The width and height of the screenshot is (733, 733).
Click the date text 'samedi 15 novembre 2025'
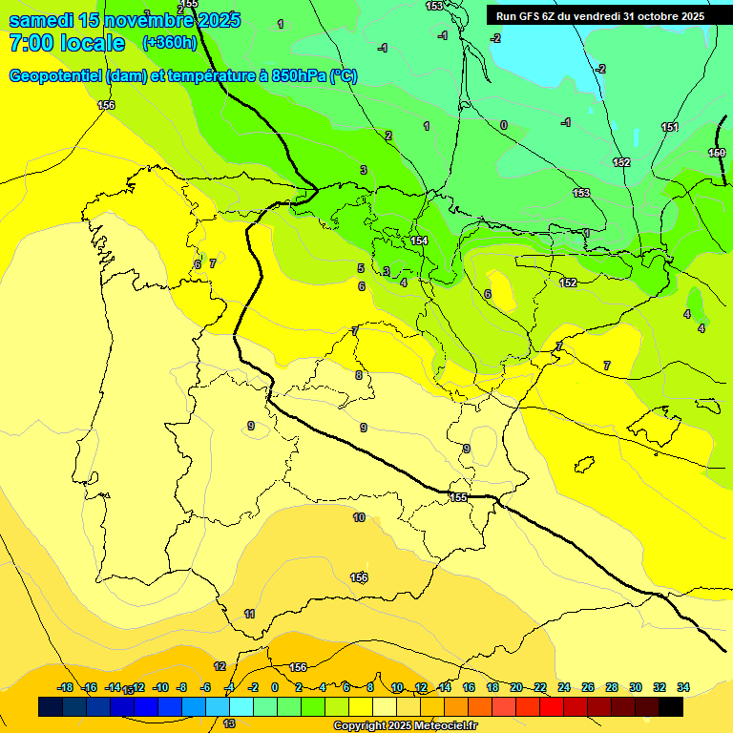pos(124,20)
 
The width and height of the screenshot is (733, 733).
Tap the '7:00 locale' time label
pos(67,43)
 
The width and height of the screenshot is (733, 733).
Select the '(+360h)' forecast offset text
pos(169,43)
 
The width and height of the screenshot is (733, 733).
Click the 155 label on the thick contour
pos(459,497)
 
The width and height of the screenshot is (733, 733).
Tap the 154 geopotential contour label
pos(419,241)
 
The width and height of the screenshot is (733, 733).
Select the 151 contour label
pos(670,127)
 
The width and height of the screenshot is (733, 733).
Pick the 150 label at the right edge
pos(717,153)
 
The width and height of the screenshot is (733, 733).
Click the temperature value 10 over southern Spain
pos(359,517)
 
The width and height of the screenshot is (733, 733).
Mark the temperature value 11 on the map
pos(249,614)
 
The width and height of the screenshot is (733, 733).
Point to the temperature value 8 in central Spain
pos(359,375)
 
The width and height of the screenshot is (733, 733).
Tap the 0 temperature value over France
pos(504,125)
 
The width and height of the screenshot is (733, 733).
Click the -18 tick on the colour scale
pos(66,687)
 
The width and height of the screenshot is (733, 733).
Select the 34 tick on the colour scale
pos(683,687)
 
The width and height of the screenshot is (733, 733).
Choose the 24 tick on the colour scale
pos(564,687)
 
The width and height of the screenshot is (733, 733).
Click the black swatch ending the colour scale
pos(671,706)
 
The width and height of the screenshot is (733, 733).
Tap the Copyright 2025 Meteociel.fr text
pos(406,726)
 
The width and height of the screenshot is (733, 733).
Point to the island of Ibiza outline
pos(584,465)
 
